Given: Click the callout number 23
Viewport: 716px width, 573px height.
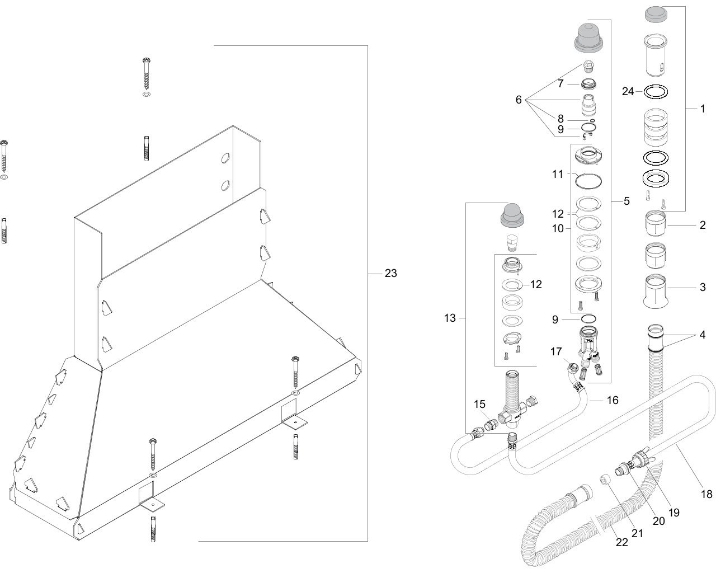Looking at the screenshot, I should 390,274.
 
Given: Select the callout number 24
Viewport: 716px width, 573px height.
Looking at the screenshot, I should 629,91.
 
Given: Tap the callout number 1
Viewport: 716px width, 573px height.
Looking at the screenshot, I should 703,109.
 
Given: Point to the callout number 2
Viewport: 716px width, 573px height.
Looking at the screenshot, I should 703,226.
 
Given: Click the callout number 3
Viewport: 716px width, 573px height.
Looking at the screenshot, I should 703,288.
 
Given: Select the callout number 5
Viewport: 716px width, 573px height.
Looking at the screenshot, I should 626,200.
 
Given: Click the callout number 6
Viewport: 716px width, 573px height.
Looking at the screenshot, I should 519,100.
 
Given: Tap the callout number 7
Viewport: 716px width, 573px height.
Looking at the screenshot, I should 560,83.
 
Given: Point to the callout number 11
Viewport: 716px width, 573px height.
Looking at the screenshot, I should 557,175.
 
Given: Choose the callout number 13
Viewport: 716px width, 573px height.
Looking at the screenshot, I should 450,318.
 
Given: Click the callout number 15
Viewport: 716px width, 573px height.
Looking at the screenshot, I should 480,403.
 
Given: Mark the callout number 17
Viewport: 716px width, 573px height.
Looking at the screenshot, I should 555,352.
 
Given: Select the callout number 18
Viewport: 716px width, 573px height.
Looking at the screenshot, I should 706,494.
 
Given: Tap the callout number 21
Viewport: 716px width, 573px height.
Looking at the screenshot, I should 637,533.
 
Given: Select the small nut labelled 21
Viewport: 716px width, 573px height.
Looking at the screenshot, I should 605,480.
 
